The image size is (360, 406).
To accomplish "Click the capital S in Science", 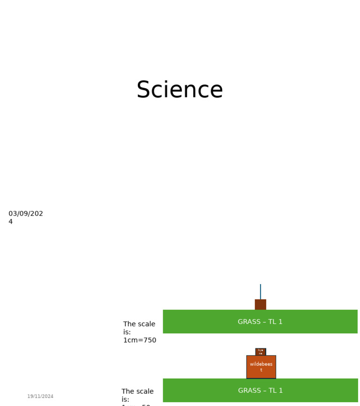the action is pos(144,90).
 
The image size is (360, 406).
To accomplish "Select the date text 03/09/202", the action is pos(26,214).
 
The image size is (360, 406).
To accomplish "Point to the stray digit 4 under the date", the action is pos(10,222).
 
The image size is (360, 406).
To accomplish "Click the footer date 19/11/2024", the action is pos(40,397).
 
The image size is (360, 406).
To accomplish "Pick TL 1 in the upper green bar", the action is pos(276,322).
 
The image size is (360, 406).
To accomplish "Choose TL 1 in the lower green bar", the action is pos(277,391).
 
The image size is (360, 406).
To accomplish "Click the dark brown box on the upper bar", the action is pos(260,304).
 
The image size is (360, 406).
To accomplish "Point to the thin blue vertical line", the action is pos(260,291).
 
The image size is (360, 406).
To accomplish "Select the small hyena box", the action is pos(261,352).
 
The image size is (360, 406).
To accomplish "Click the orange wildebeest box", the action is pos(261,367).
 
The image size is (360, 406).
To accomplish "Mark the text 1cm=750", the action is pos(140,340).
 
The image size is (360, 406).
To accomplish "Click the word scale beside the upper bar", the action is pos(146,324).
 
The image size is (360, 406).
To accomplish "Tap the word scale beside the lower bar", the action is pos(144,391).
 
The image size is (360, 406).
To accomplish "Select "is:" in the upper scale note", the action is pos(127,332).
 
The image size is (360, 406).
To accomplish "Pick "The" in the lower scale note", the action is pos(128,391).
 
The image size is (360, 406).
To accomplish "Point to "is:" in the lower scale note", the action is pos(125,399).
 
